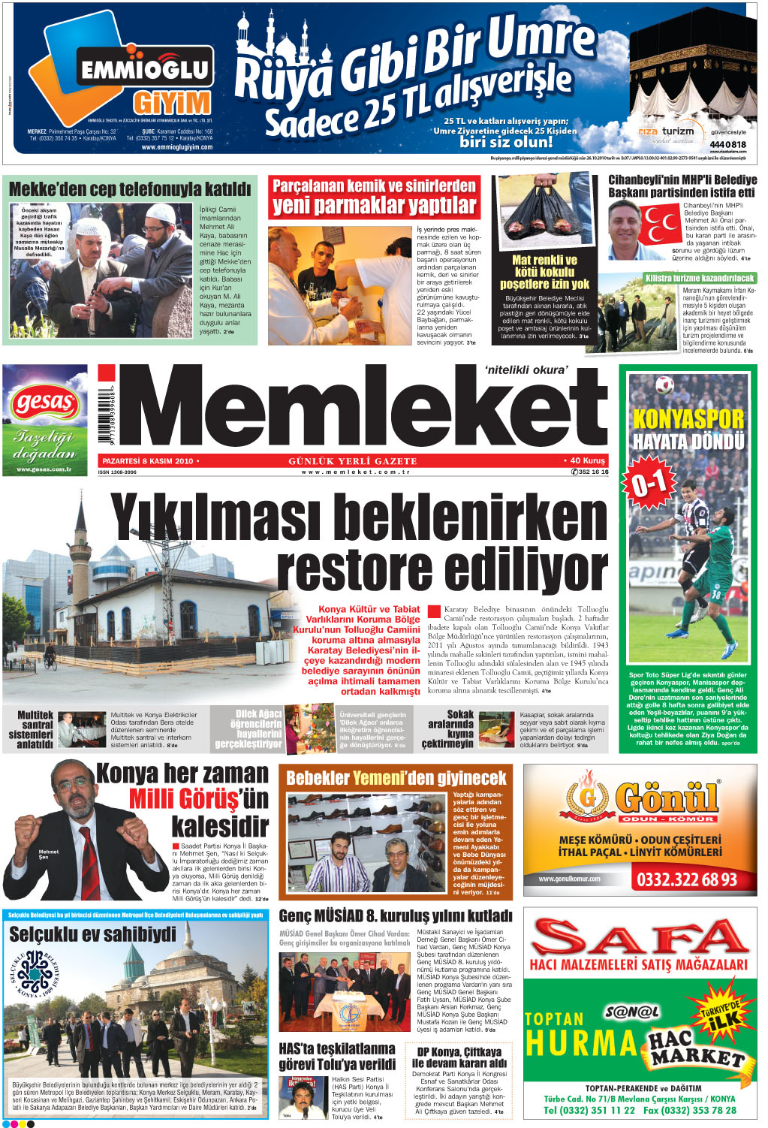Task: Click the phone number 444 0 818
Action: click(727, 144)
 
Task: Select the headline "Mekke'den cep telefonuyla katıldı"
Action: click(130, 189)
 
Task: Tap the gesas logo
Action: click(44, 403)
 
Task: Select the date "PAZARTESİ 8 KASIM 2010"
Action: click(148, 461)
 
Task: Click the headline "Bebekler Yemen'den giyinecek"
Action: click(396, 778)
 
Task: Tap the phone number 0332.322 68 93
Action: click(686, 879)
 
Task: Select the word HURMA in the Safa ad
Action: click(581, 1043)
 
